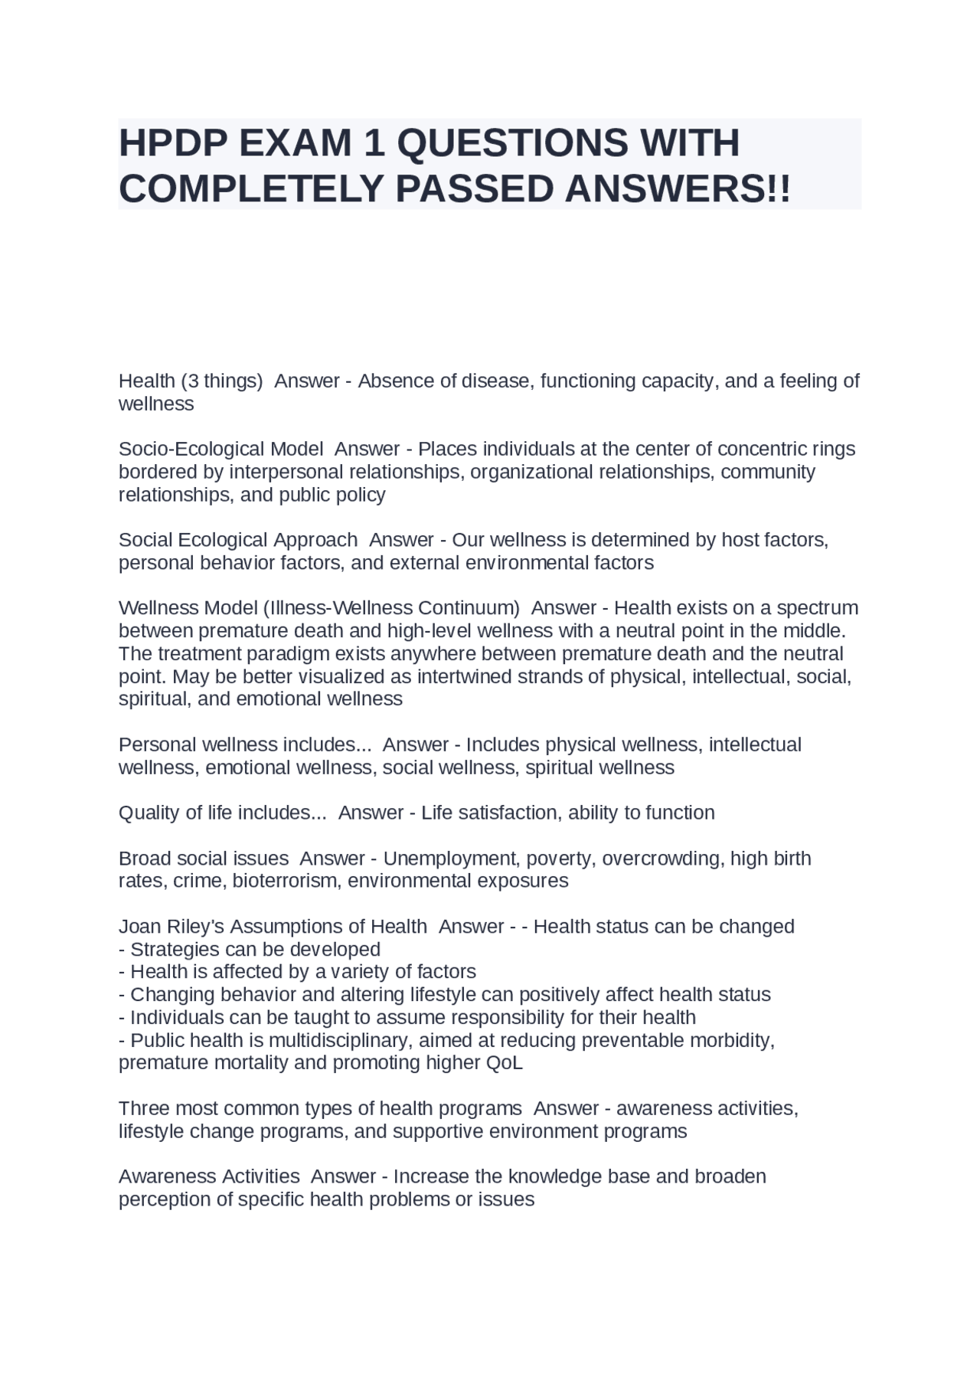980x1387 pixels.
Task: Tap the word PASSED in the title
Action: pyautogui.click(x=475, y=188)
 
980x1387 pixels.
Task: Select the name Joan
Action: pyautogui.click(x=140, y=927)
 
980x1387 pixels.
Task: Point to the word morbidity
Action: pyautogui.click(x=730, y=1041)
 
